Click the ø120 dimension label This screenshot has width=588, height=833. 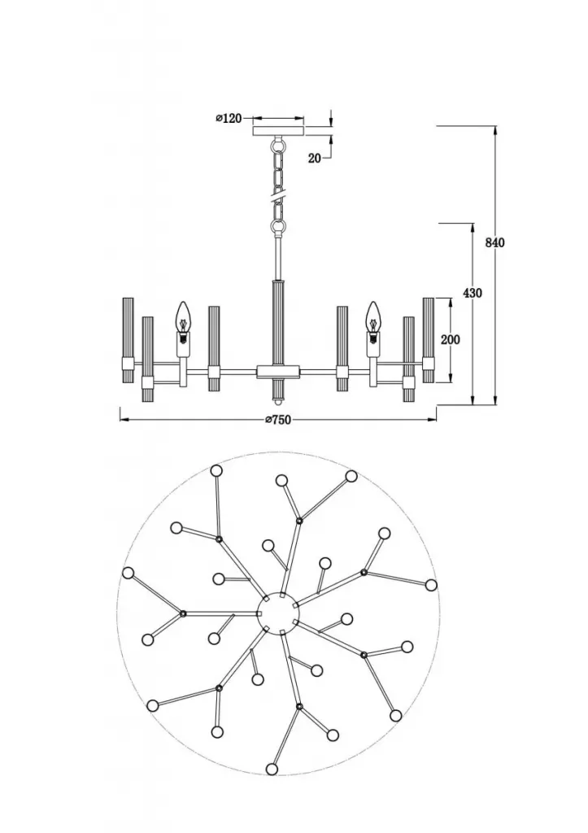pos(229,118)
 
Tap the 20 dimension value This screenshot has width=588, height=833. pos(315,158)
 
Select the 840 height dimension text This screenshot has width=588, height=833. pos(494,242)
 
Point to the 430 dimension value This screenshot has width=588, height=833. pos(473,293)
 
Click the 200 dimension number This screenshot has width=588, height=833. pos(451,339)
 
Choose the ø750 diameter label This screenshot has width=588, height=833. pos(278,420)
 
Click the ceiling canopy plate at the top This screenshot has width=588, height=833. pos(279,131)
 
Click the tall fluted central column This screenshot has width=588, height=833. pos(278,322)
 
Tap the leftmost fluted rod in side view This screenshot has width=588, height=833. pos(128,340)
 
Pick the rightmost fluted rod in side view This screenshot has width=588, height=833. pos(429,340)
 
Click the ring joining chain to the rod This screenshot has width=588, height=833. pos(278,229)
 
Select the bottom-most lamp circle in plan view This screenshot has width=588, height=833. pos(272,769)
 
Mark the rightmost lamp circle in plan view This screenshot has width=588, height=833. pos(431,585)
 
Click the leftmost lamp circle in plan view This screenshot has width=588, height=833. pos(128,573)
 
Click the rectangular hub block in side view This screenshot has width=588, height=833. pos(278,371)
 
